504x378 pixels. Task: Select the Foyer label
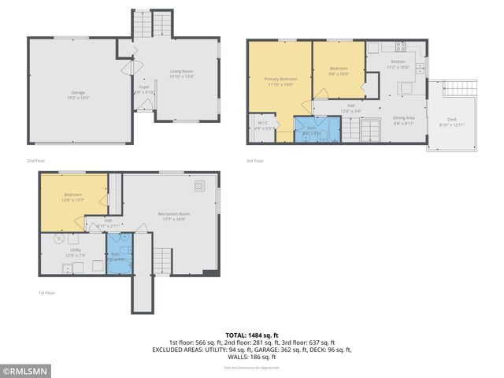coord(144,89)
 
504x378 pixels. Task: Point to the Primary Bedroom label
coord(280,81)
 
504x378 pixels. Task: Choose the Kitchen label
coord(397,65)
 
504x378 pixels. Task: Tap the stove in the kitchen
coord(400,44)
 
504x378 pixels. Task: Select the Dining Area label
coord(404,120)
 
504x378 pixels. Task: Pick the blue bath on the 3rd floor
coord(311,130)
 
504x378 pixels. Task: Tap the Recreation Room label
coord(171,216)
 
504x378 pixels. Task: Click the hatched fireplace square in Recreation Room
coord(201,186)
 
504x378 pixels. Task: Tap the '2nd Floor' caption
coord(36,161)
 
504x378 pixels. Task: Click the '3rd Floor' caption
coord(254,161)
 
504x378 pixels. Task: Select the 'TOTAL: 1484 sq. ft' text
coord(252,335)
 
